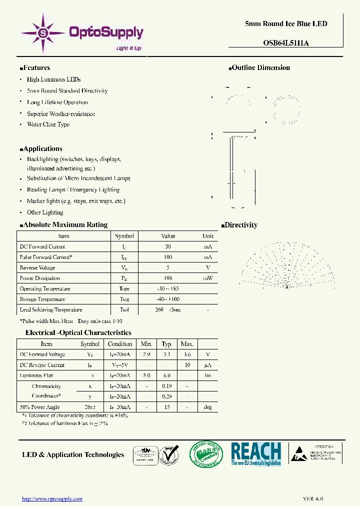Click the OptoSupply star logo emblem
(43, 33)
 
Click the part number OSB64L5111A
(285, 43)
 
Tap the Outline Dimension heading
(259, 68)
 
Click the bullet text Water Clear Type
(48, 124)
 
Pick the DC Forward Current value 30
(168, 246)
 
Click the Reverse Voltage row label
(37, 267)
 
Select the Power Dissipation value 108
(168, 278)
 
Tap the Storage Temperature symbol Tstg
(124, 299)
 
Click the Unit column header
(208, 236)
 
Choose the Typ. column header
(167, 344)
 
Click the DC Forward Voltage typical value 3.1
(167, 354)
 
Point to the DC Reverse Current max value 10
(187, 365)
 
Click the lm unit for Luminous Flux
(207, 375)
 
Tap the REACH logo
(255, 454)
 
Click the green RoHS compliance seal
(205, 454)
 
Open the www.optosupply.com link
(52, 498)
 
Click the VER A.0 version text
(313, 498)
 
